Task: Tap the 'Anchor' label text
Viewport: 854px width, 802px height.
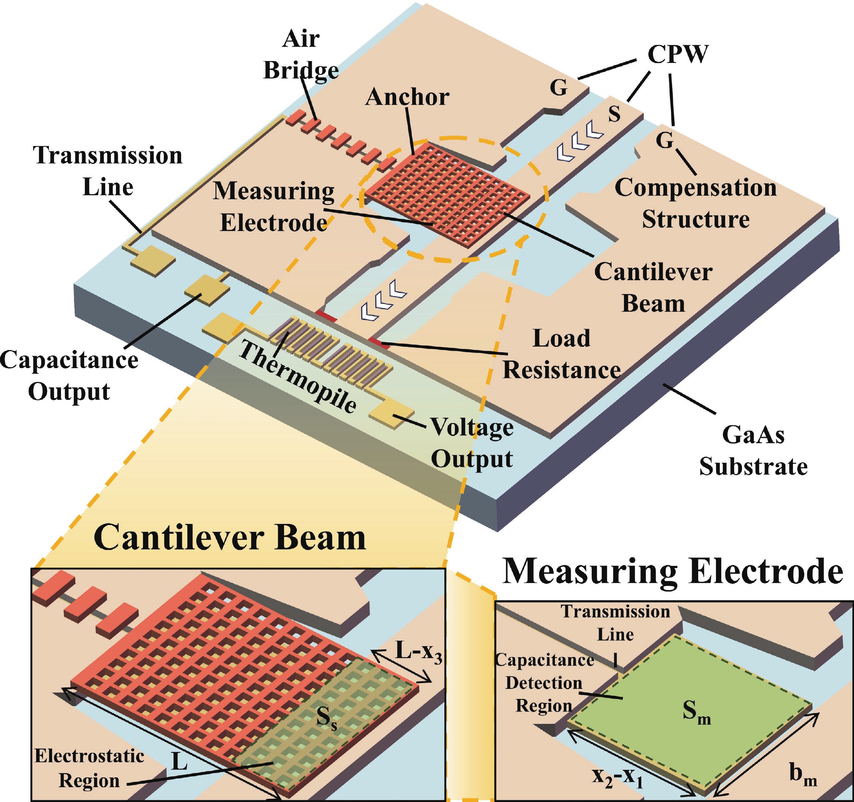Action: pyautogui.click(x=407, y=97)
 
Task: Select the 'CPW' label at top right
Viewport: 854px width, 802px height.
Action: pyautogui.click(x=678, y=55)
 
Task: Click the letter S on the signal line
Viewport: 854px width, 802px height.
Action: pyautogui.click(x=615, y=114)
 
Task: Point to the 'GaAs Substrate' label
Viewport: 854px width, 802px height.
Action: pyautogui.click(x=753, y=451)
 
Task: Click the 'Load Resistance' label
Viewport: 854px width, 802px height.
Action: pyautogui.click(x=561, y=354)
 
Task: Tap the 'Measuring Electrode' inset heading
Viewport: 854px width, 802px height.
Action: pyautogui.click(x=672, y=572)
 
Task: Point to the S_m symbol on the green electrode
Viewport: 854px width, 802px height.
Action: pyautogui.click(x=696, y=713)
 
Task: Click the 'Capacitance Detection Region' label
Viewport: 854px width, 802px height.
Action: pyautogui.click(x=544, y=683)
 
